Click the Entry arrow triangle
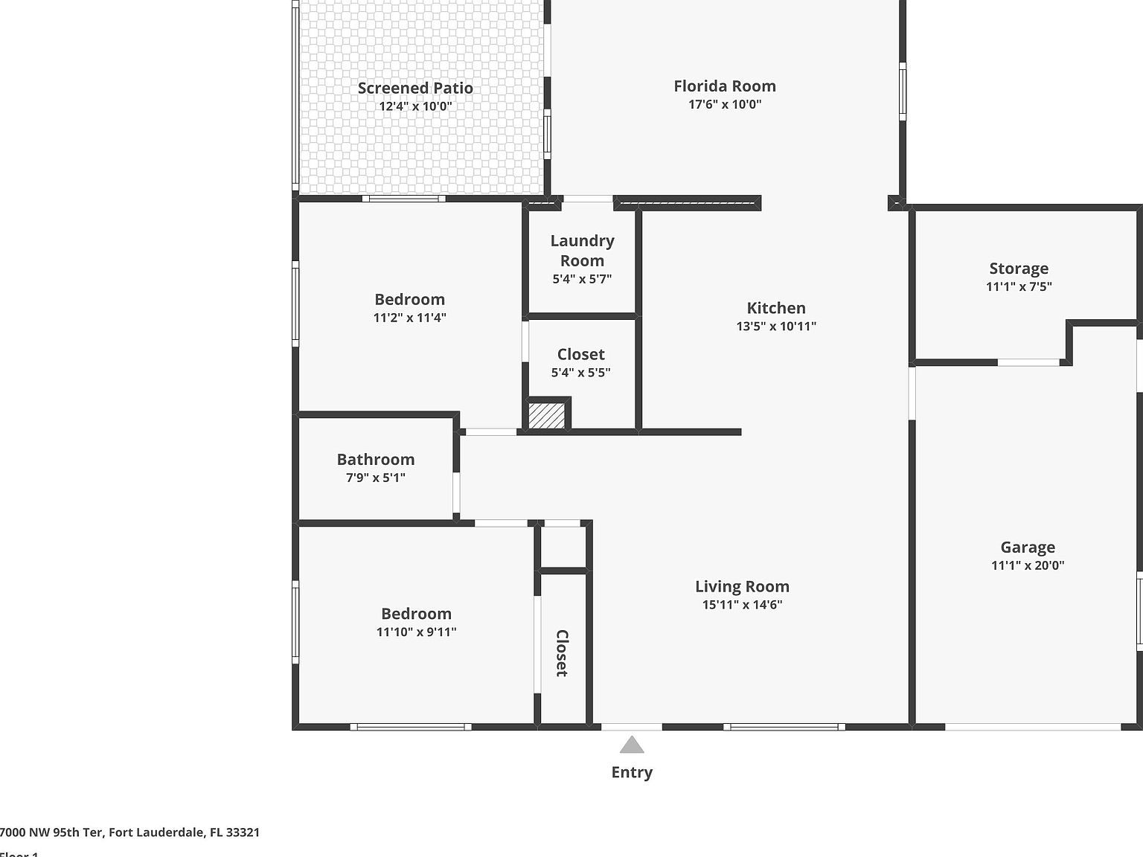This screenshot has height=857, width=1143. click(632, 745)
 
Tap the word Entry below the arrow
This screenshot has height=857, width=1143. click(632, 772)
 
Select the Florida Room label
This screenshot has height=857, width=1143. click(725, 86)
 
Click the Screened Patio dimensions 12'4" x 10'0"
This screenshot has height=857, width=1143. click(415, 106)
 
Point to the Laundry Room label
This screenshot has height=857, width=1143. click(582, 251)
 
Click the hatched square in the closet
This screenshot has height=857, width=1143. click(547, 415)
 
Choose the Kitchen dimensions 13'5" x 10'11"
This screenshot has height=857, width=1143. click(776, 326)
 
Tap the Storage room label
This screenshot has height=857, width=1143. click(1019, 269)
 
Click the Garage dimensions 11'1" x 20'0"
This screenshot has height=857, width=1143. click(1028, 565)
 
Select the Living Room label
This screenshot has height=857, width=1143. click(742, 587)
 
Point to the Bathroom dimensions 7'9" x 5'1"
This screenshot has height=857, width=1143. click(376, 478)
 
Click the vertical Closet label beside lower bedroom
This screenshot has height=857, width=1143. click(562, 653)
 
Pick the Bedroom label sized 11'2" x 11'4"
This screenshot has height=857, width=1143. click(409, 300)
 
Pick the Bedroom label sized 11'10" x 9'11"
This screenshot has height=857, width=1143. click(416, 614)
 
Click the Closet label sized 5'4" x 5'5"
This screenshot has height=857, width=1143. click(580, 355)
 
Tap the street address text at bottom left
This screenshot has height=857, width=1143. click(129, 832)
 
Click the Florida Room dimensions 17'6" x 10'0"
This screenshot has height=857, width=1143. click(725, 105)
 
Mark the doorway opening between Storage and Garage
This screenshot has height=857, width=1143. click(1028, 363)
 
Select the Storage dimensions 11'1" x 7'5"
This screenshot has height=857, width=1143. click(1019, 287)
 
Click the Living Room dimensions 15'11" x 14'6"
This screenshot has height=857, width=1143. click(742, 605)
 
